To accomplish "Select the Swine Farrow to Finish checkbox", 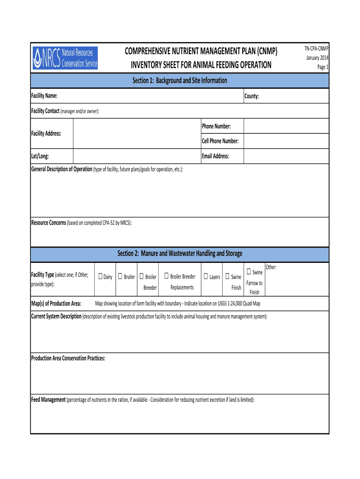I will [x=249, y=272].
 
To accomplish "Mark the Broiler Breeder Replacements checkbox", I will [x=166, y=276].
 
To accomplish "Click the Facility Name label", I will [x=44, y=96].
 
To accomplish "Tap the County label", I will [x=252, y=96].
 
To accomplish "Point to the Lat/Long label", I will [x=40, y=156].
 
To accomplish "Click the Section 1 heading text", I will [x=180, y=80].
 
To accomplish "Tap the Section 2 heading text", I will [x=180, y=254].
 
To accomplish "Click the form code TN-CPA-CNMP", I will [x=317, y=49].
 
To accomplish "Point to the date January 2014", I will [x=317, y=58].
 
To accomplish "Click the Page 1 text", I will [x=323, y=67].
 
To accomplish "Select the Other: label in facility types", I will [x=271, y=267].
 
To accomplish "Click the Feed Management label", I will [x=48, y=400].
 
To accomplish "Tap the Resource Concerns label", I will [x=48, y=223].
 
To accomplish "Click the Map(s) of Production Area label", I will [x=56, y=304].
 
